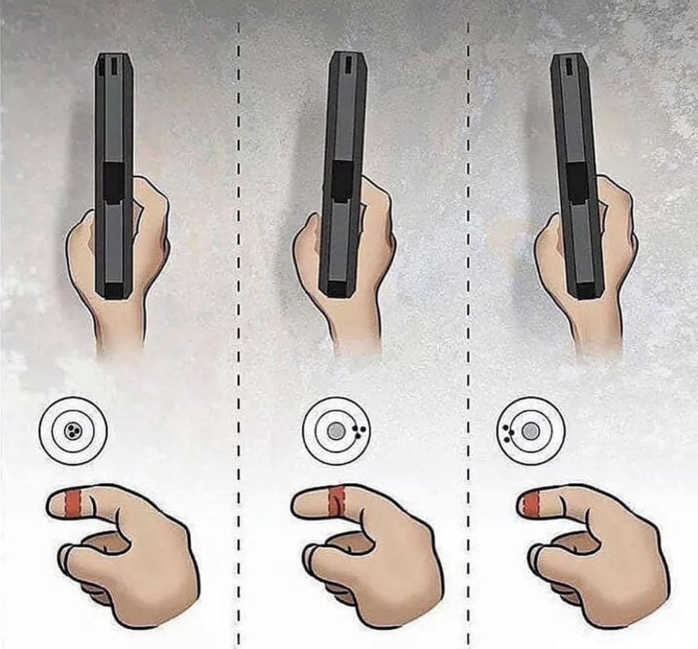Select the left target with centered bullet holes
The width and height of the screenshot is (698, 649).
pos(73,430)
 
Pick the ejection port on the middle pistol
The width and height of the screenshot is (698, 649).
pos(341,180)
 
